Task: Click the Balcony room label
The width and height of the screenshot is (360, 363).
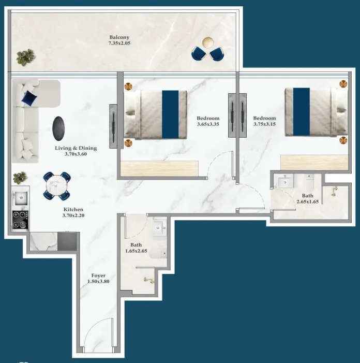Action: click(x=119, y=37)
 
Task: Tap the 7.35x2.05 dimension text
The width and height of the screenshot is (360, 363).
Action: click(x=119, y=43)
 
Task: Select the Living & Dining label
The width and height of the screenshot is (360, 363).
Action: click(x=76, y=148)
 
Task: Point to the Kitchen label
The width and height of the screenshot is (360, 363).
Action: click(x=72, y=209)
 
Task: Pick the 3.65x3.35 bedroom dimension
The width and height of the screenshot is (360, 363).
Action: click(x=208, y=124)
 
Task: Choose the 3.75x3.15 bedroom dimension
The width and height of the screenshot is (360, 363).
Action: click(x=264, y=124)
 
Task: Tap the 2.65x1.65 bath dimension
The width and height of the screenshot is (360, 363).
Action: click(x=308, y=202)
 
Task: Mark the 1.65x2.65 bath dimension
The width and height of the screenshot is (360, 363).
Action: click(x=136, y=251)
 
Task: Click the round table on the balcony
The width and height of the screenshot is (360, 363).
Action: click(x=207, y=43)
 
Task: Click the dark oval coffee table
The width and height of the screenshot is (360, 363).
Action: click(x=59, y=126)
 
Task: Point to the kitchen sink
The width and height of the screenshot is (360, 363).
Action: click(x=21, y=197)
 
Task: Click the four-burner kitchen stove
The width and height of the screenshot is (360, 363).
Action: click(x=21, y=219)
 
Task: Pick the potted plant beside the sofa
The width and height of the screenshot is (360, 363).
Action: click(x=20, y=177)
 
